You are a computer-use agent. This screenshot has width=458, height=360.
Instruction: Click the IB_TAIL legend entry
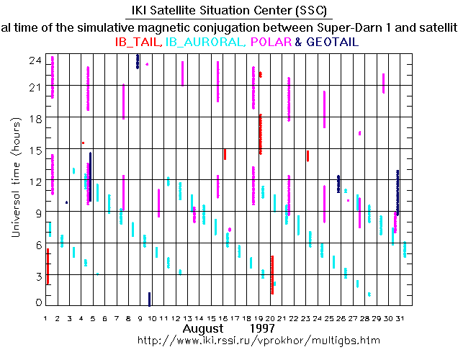click(x=138, y=42)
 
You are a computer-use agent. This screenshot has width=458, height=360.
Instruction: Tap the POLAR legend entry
click(x=271, y=42)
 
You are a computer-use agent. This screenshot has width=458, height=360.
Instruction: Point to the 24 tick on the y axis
click(x=34, y=60)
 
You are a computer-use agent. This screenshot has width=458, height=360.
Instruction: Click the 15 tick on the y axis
click(x=34, y=150)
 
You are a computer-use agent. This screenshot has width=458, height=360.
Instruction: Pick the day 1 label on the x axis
click(x=46, y=318)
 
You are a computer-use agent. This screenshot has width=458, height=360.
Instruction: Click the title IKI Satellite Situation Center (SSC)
click(x=228, y=11)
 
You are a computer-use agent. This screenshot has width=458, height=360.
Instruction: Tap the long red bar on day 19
click(x=261, y=134)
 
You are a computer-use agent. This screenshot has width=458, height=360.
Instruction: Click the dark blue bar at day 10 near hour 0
click(x=149, y=300)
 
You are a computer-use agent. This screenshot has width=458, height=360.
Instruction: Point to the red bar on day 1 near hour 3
click(x=48, y=266)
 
